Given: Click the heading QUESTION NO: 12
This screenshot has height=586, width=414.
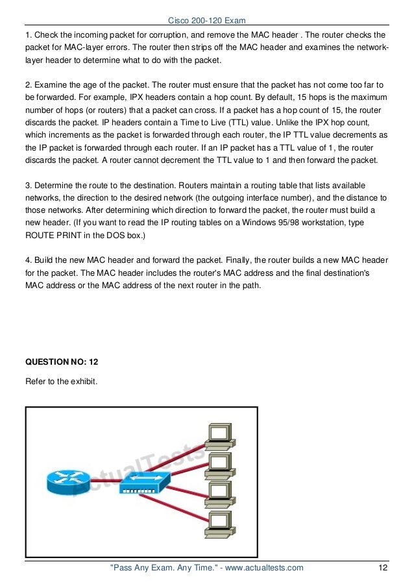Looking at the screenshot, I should [x=61, y=360].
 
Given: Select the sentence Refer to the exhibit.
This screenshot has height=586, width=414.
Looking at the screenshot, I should [x=61, y=381].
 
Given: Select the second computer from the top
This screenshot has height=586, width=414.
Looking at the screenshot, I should [x=218, y=465].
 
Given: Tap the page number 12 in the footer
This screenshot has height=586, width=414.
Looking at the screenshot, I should [x=383, y=568].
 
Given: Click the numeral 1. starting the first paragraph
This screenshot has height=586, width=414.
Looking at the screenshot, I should [x=28, y=34].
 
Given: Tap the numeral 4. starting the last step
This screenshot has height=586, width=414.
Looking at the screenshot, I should [x=28, y=260].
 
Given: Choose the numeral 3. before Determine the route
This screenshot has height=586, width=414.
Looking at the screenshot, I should [x=28, y=185].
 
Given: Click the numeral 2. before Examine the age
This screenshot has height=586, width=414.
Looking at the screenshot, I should [x=28, y=85].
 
